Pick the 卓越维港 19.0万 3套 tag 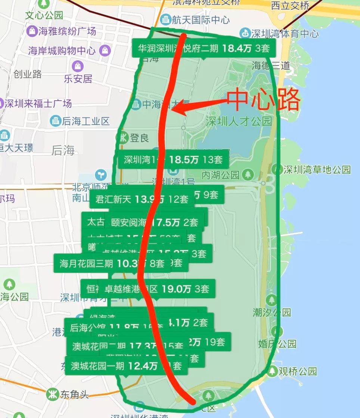156,289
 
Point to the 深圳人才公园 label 239,121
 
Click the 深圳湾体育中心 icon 245,33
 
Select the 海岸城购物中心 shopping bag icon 106,50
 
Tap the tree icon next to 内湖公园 248,174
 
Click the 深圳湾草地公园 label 317,169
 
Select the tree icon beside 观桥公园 273,371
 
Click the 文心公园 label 44,15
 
